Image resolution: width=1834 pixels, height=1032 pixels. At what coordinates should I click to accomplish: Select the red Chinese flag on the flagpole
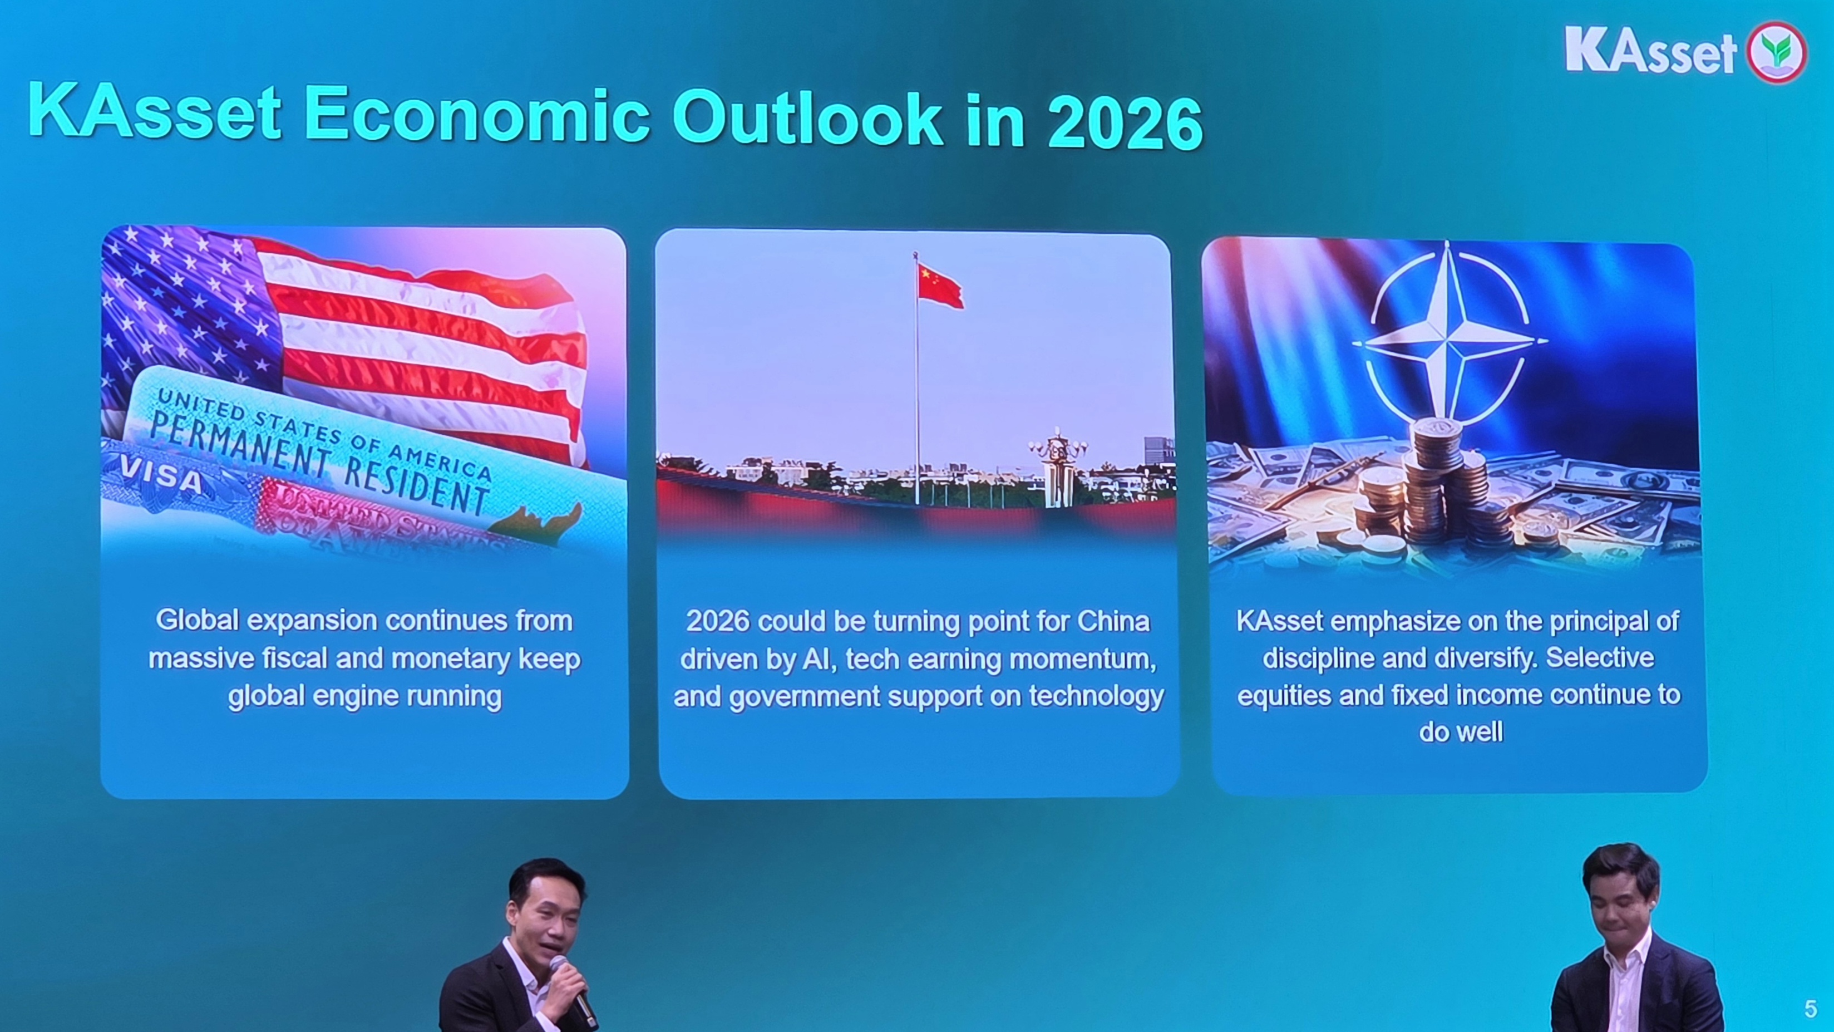click(x=940, y=286)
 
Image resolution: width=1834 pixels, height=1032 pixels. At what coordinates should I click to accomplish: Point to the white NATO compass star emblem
click(x=1450, y=341)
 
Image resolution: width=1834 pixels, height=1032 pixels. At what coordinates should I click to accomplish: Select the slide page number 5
click(x=1811, y=1009)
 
